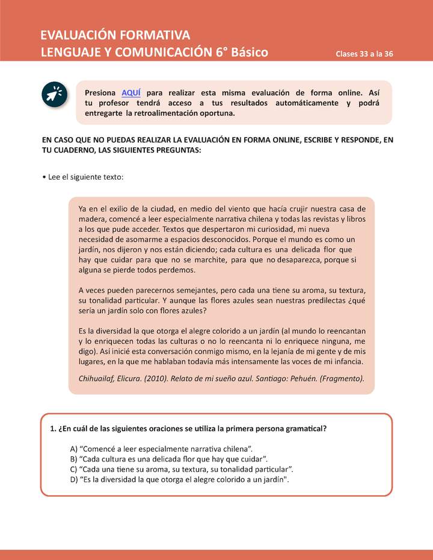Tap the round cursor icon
tap(55, 95)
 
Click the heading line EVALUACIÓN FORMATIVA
tap(115, 34)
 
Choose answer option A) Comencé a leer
tap(162, 449)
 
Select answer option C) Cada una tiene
tap(182, 469)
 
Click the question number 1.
tap(53, 429)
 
